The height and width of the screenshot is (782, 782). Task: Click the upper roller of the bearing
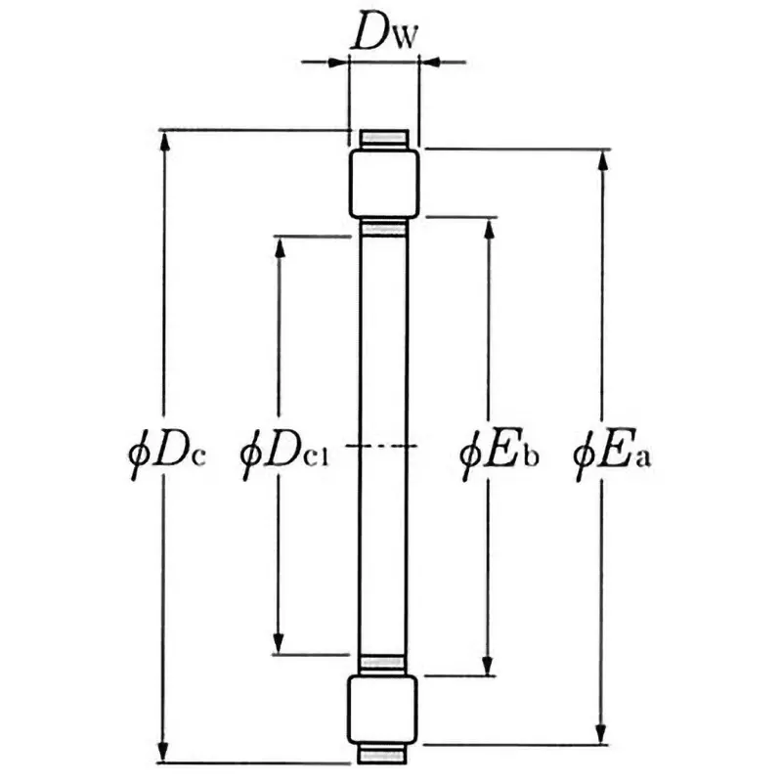[384, 184]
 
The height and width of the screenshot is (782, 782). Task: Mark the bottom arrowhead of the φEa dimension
[602, 734]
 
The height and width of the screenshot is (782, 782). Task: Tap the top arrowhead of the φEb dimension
[489, 227]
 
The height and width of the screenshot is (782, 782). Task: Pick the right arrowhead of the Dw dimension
[428, 63]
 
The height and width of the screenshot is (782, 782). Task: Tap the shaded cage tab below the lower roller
[384, 755]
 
